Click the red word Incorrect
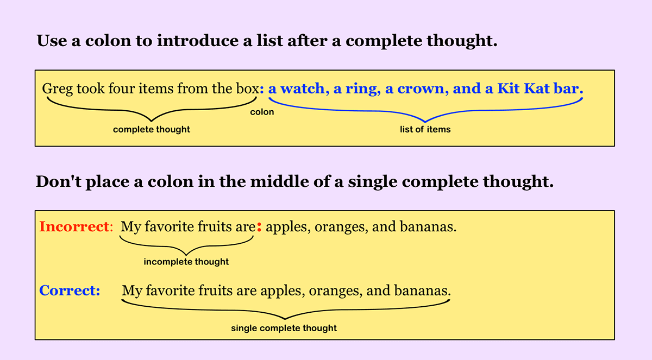coord(74,226)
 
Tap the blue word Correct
coord(69,290)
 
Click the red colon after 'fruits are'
coord(259,227)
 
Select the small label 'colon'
coord(262,112)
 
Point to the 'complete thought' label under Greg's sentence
coord(152,130)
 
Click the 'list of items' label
coord(425,130)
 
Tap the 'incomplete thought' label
coord(186,262)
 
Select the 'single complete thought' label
coord(284,328)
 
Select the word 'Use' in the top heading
coord(51,41)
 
